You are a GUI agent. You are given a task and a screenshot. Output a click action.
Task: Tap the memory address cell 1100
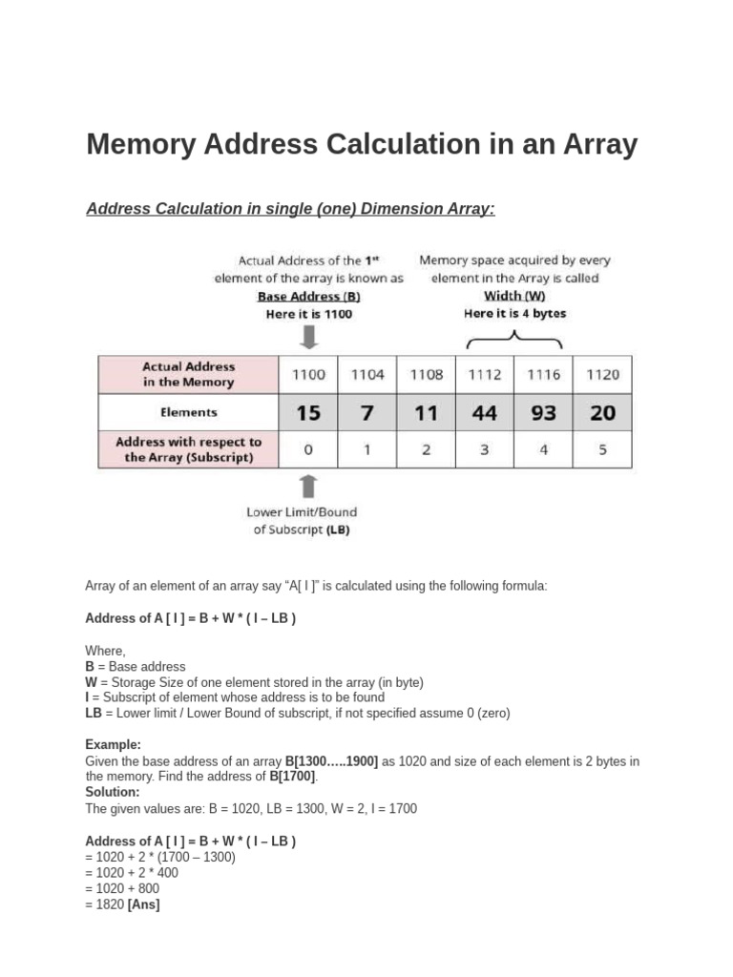(x=308, y=375)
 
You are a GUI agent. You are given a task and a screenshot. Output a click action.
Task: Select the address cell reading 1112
(x=485, y=375)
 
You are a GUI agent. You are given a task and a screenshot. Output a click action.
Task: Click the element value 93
(x=544, y=413)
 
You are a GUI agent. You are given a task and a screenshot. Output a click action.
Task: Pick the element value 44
(x=485, y=413)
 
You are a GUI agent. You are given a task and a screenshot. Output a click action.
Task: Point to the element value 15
(x=308, y=413)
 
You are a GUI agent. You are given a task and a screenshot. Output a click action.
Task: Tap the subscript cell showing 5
(x=602, y=449)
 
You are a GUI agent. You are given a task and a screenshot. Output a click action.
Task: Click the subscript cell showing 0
(x=308, y=449)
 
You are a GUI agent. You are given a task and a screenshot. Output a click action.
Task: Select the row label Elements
(x=188, y=413)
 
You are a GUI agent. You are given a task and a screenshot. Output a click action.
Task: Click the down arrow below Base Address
(x=308, y=338)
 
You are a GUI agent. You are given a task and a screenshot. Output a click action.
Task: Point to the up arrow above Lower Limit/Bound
(x=308, y=487)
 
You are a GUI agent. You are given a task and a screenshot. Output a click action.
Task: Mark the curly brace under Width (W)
(x=514, y=340)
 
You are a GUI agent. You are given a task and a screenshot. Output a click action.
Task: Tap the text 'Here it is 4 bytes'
(x=514, y=313)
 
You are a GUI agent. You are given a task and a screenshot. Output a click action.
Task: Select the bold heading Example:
(x=114, y=744)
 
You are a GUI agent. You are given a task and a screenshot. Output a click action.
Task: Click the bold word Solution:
(x=113, y=792)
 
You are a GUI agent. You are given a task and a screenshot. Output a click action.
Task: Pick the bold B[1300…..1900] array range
(x=331, y=760)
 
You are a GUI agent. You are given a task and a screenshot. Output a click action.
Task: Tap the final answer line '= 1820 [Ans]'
(x=122, y=904)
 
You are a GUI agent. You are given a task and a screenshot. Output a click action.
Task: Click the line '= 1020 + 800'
(x=122, y=888)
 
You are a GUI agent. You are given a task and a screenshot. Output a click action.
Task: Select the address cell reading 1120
(x=602, y=375)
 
